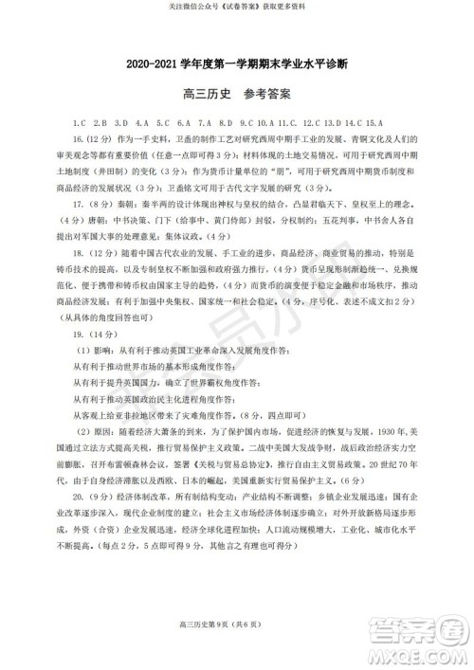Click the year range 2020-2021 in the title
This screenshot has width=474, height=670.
pos(158,64)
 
